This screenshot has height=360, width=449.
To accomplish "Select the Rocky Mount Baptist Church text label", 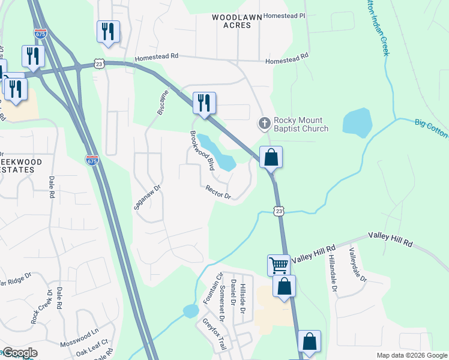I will [301, 124].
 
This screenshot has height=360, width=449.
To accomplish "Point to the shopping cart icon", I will [279, 265].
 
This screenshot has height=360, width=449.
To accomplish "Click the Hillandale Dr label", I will [331, 275].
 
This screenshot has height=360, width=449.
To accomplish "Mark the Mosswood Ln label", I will [79, 335].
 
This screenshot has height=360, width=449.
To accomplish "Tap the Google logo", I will [20, 353].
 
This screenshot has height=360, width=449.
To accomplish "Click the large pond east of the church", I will [357, 122].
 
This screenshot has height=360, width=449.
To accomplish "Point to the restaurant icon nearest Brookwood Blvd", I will [204, 103].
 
